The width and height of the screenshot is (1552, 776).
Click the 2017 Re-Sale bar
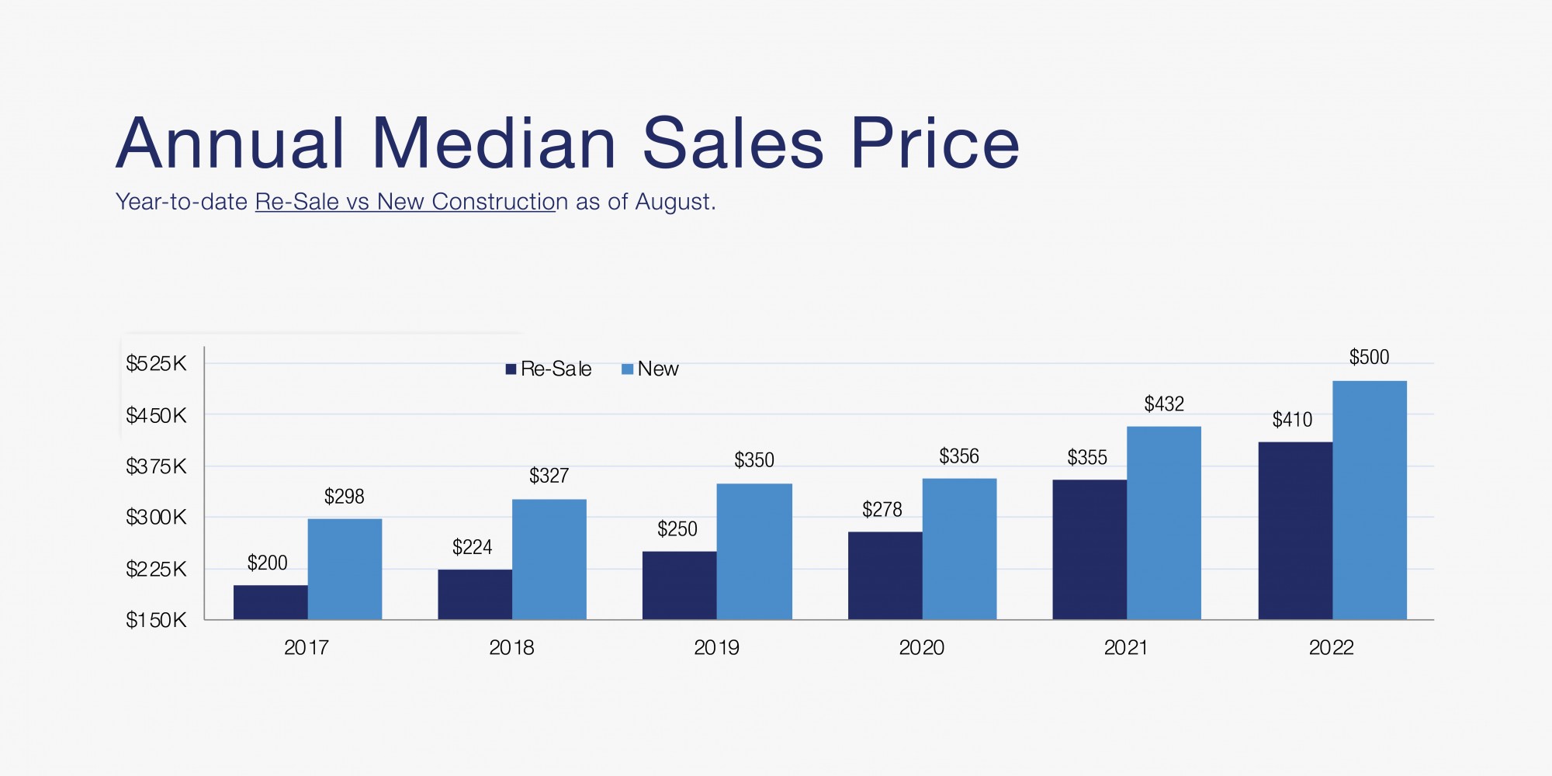pyautogui.click(x=270, y=602)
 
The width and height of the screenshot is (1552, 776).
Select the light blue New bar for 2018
pyautogui.click(x=549, y=559)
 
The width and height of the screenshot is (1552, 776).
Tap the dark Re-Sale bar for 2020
pyautogui.click(x=885, y=575)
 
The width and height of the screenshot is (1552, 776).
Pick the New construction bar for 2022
pyautogui.click(x=1370, y=500)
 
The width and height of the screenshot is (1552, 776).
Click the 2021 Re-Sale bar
pyautogui.click(x=1090, y=549)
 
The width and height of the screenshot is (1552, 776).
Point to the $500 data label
pyautogui.click(x=1369, y=357)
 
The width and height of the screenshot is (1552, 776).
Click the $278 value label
pyautogui.click(x=882, y=510)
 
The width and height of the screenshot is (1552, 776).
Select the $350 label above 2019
pyautogui.click(x=754, y=460)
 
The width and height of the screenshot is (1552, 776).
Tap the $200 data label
pyautogui.click(x=268, y=563)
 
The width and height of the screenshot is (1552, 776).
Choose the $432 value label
pyautogui.click(x=1164, y=404)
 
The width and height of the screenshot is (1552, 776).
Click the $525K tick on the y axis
pyautogui.click(x=156, y=363)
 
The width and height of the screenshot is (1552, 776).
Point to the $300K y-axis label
pyautogui.click(x=156, y=517)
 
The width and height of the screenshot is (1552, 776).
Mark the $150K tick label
pyautogui.click(x=156, y=620)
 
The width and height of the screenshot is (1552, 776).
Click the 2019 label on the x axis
pyautogui.click(x=716, y=647)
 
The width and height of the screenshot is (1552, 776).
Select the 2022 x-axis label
pyautogui.click(x=1331, y=647)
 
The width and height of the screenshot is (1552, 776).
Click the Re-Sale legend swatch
pyautogui.click(x=511, y=369)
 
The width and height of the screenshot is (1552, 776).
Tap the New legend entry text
pyautogui.click(x=658, y=369)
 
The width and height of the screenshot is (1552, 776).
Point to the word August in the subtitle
pyautogui.click(x=674, y=202)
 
